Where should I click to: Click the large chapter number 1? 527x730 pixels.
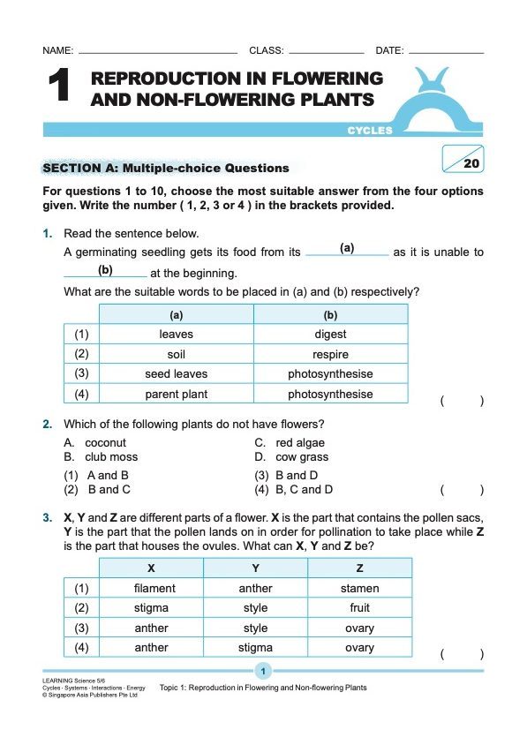point(57,87)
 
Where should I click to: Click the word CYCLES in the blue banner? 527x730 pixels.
point(370,131)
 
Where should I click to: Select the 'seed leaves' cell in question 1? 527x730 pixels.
point(176,374)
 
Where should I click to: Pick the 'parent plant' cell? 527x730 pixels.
point(176,395)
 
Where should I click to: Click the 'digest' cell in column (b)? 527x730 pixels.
point(330,335)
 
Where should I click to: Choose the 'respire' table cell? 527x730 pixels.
point(330,355)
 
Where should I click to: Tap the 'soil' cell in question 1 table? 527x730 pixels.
point(176,355)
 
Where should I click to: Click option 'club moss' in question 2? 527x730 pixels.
point(111,457)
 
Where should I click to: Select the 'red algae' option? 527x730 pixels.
point(300,443)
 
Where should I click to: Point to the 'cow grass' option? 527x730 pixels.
point(302,457)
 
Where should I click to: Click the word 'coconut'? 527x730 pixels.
point(106,443)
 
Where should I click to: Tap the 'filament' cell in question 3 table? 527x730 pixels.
point(154,588)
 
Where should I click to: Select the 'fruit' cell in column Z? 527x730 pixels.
point(359,608)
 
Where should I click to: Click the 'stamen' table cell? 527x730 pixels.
point(359,588)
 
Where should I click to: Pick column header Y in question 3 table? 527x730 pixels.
point(255,568)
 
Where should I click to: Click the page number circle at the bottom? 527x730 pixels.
point(263,672)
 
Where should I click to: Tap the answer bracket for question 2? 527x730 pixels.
point(462,490)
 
